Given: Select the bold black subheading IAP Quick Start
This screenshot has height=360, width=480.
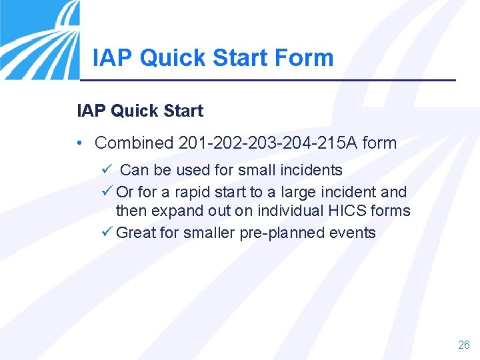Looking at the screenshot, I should (x=140, y=111).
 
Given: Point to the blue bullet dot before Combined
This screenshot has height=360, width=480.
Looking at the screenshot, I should (x=79, y=143).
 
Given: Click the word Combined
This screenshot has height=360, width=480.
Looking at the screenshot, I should (x=134, y=143).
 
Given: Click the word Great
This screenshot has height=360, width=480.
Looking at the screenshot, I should (x=136, y=233).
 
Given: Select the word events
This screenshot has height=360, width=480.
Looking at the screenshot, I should (x=355, y=233).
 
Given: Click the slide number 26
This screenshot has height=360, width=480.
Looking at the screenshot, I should (x=463, y=345).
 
